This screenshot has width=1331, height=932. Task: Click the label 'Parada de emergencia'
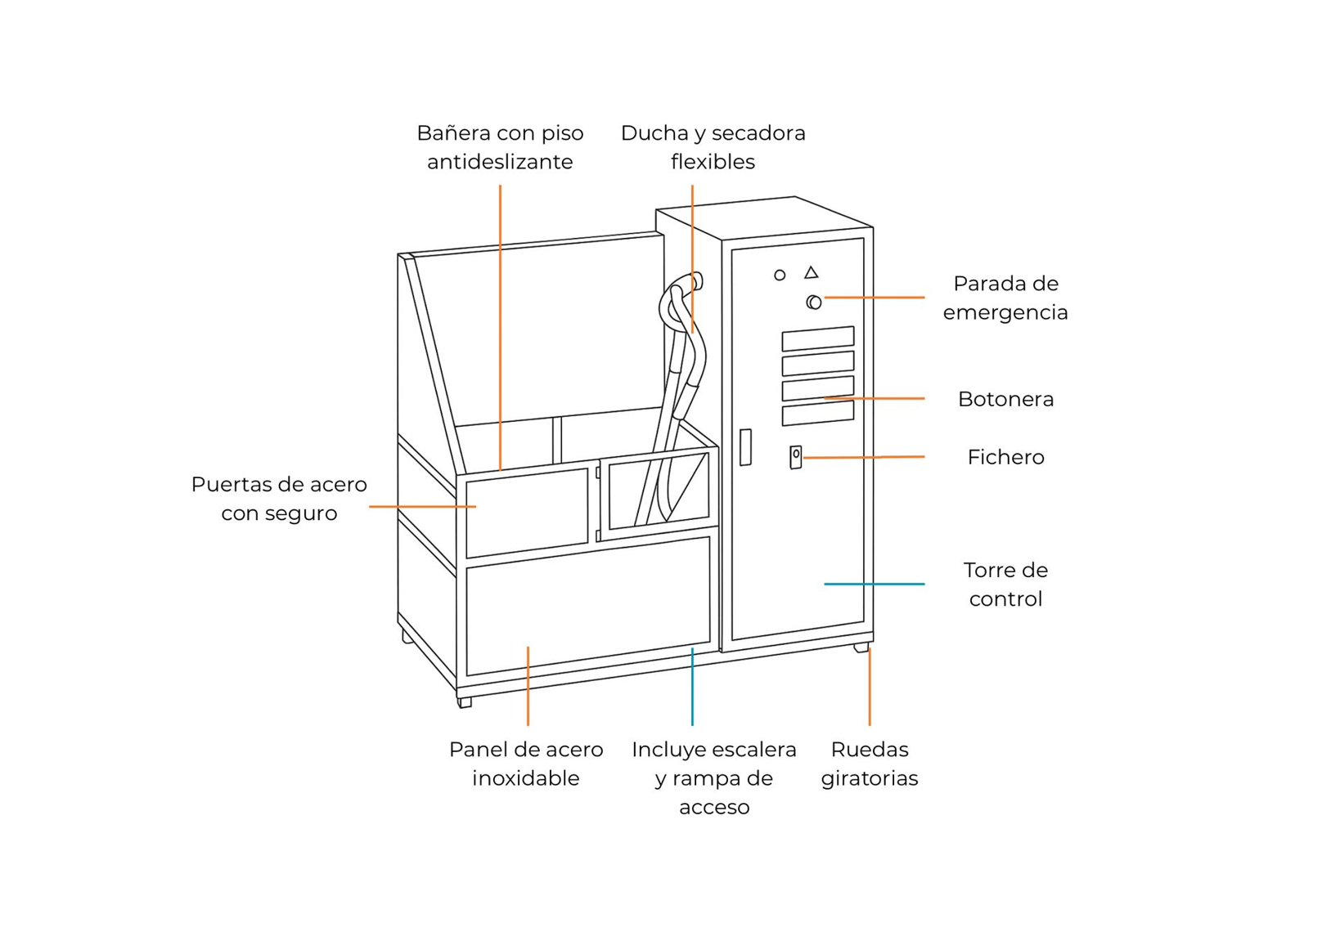(x=1005, y=298)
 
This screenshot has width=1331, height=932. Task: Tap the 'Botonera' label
(x=1005, y=399)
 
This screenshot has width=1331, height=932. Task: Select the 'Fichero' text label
(x=1005, y=457)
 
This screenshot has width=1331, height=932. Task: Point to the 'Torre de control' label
(x=1005, y=584)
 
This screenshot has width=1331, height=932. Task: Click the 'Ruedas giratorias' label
(x=869, y=764)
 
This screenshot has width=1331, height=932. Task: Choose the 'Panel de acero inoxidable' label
(x=526, y=764)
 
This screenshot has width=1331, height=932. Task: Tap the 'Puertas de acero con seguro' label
(x=279, y=499)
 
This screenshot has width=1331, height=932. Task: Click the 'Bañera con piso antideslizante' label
(x=500, y=147)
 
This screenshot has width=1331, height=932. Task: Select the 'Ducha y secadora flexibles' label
(x=713, y=147)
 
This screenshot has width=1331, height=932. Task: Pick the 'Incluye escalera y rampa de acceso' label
(x=713, y=777)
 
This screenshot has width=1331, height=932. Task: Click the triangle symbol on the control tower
(x=811, y=272)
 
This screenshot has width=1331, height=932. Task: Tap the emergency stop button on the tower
(x=814, y=302)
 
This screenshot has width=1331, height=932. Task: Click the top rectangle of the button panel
(x=817, y=338)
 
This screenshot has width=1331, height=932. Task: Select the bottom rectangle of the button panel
(x=817, y=413)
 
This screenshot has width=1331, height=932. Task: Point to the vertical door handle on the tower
(x=745, y=447)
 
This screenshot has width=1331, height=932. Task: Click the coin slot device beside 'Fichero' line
(x=795, y=457)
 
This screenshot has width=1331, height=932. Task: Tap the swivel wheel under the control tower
(x=861, y=647)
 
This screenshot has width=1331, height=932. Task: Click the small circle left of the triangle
(x=780, y=276)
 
